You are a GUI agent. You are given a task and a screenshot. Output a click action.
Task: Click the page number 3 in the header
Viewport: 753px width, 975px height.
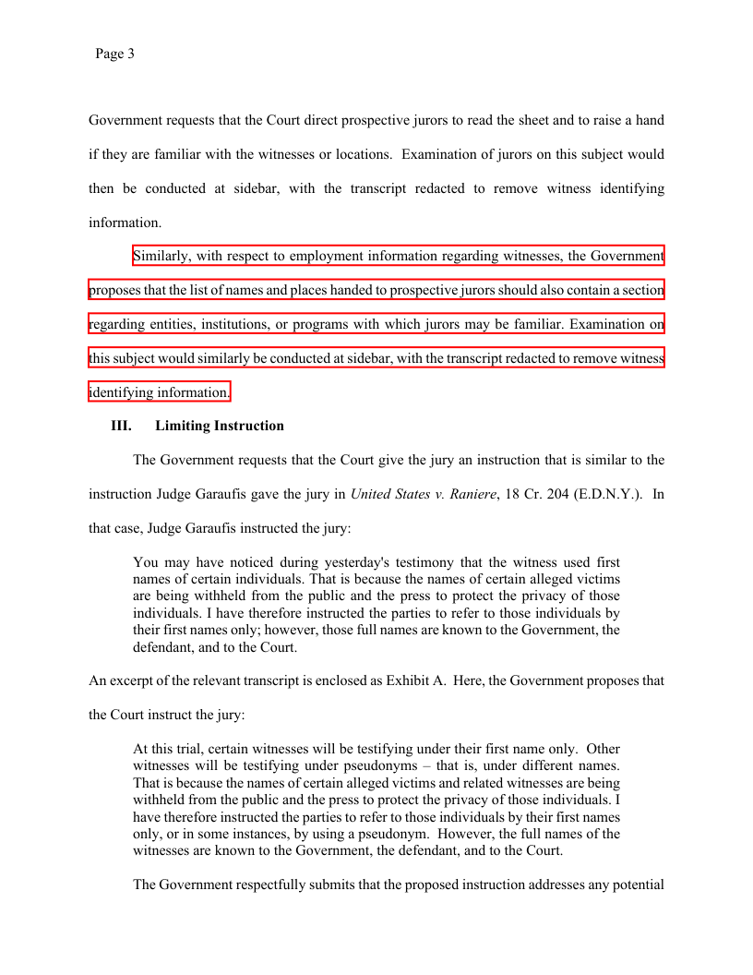click(131, 54)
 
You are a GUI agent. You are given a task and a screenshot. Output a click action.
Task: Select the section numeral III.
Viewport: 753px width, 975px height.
click(121, 427)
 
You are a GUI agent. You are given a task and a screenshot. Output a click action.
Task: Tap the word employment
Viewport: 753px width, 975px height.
click(327, 256)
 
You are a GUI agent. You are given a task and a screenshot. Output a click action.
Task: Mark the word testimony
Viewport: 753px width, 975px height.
click(420, 562)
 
